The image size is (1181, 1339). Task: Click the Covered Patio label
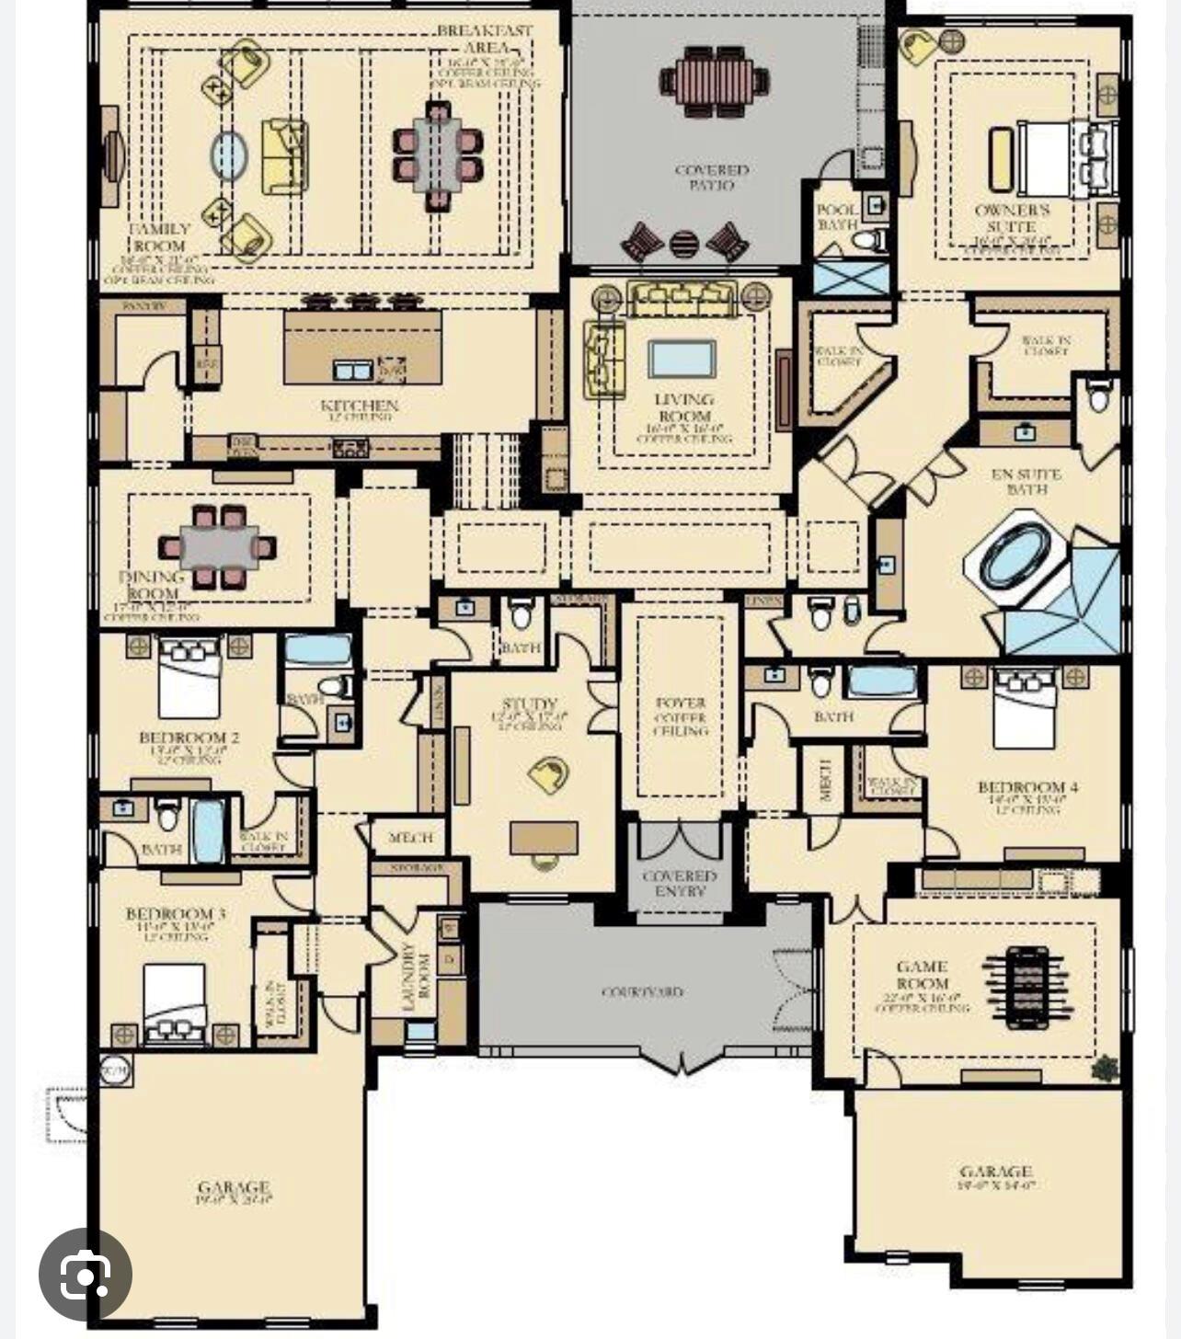(x=712, y=177)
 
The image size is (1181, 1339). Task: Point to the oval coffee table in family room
(x=229, y=156)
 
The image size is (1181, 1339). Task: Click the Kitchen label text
(x=359, y=406)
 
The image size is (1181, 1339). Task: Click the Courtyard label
(x=642, y=992)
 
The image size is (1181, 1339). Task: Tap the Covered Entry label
(x=680, y=884)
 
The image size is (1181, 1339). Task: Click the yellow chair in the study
(x=549, y=774)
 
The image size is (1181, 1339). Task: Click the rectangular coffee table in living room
(x=682, y=359)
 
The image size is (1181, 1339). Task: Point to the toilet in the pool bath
(x=866, y=241)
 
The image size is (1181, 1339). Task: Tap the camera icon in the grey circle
(x=86, y=1275)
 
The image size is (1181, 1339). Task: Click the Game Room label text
(x=922, y=974)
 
